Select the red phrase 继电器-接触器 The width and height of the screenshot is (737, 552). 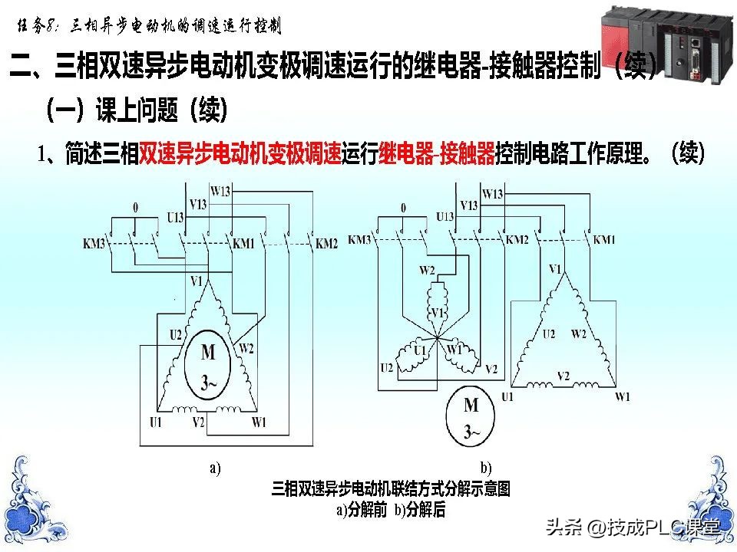tap(436, 155)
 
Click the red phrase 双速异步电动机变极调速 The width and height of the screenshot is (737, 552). tap(240, 155)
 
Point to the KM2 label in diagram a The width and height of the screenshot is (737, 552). tap(326, 244)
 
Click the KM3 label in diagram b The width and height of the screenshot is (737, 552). tap(360, 240)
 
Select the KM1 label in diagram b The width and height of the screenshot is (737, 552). tap(606, 240)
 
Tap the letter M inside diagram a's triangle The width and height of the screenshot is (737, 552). tap(208, 353)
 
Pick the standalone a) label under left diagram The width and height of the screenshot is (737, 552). tap(215, 468)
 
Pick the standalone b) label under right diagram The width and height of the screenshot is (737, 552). tap(485, 468)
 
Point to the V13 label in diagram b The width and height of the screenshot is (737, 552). tap(468, 205)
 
